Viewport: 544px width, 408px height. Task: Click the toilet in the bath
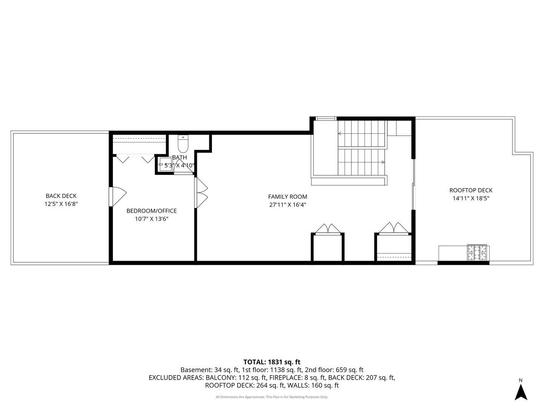click(x=183, y=144)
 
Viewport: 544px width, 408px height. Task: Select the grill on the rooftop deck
click(x=477, y=252)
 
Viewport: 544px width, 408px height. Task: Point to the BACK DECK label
click(x=61, y=196)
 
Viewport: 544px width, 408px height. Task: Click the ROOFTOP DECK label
click(x=471, y=190)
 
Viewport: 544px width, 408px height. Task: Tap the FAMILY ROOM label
click(x=287, y=197)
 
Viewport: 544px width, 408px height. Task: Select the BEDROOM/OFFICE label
click(x=151, y=211)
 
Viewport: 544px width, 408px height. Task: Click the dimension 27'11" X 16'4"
click(x=287, y=205)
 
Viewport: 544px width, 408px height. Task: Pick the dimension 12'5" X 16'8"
click(x=61, y=204)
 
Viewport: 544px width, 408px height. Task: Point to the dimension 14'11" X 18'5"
click(x=471, y=198)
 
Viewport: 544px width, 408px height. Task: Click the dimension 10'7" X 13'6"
click(x=151, y=219)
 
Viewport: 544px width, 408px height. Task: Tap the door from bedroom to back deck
click(x=118, y=196)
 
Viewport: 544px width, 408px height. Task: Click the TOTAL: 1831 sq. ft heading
click(x=272, y=362)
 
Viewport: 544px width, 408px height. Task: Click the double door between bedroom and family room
click(x=201, y=193)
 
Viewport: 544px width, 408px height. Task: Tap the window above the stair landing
click(x=326, y=118)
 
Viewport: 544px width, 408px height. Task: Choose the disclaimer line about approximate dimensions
click(x=272, y=397)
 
